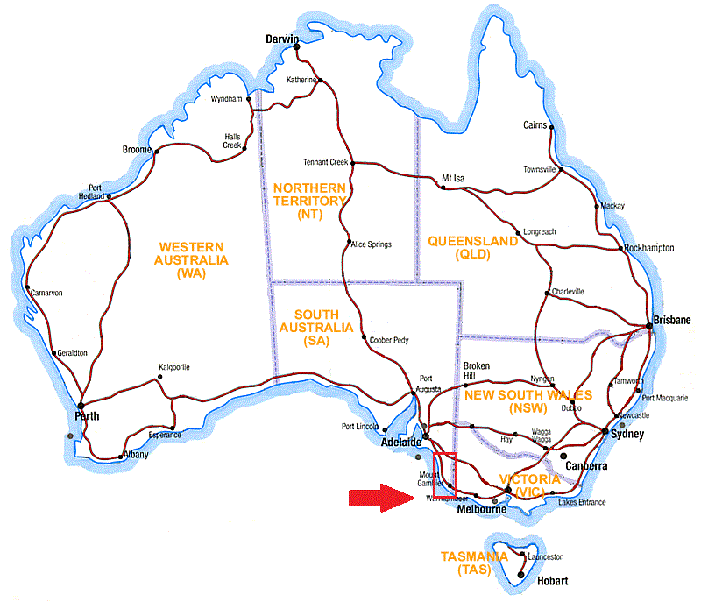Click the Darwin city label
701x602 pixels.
283,39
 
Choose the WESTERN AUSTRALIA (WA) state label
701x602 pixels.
190,260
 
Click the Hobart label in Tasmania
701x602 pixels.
554,581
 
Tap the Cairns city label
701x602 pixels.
535,125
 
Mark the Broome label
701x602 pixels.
138,151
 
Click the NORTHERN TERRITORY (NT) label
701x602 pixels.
309,201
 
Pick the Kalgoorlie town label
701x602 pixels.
174,367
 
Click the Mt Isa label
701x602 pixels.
454,178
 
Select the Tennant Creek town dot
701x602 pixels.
352,162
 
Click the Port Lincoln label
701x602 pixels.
360,427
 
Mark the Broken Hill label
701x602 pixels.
477,371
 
